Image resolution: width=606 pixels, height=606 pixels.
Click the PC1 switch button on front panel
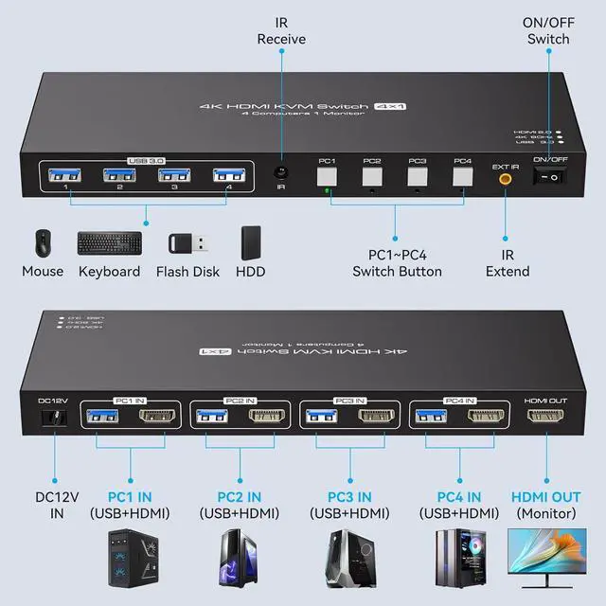326,176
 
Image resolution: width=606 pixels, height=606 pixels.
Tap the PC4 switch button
461,176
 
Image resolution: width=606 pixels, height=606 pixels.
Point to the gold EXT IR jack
505,177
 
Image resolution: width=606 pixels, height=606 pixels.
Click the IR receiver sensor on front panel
280,173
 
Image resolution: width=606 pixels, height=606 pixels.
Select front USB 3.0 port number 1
66,175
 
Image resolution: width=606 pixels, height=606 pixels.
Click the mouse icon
43,243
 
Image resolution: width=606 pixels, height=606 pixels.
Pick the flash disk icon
187,243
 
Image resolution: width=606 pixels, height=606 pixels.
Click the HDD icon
250,242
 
